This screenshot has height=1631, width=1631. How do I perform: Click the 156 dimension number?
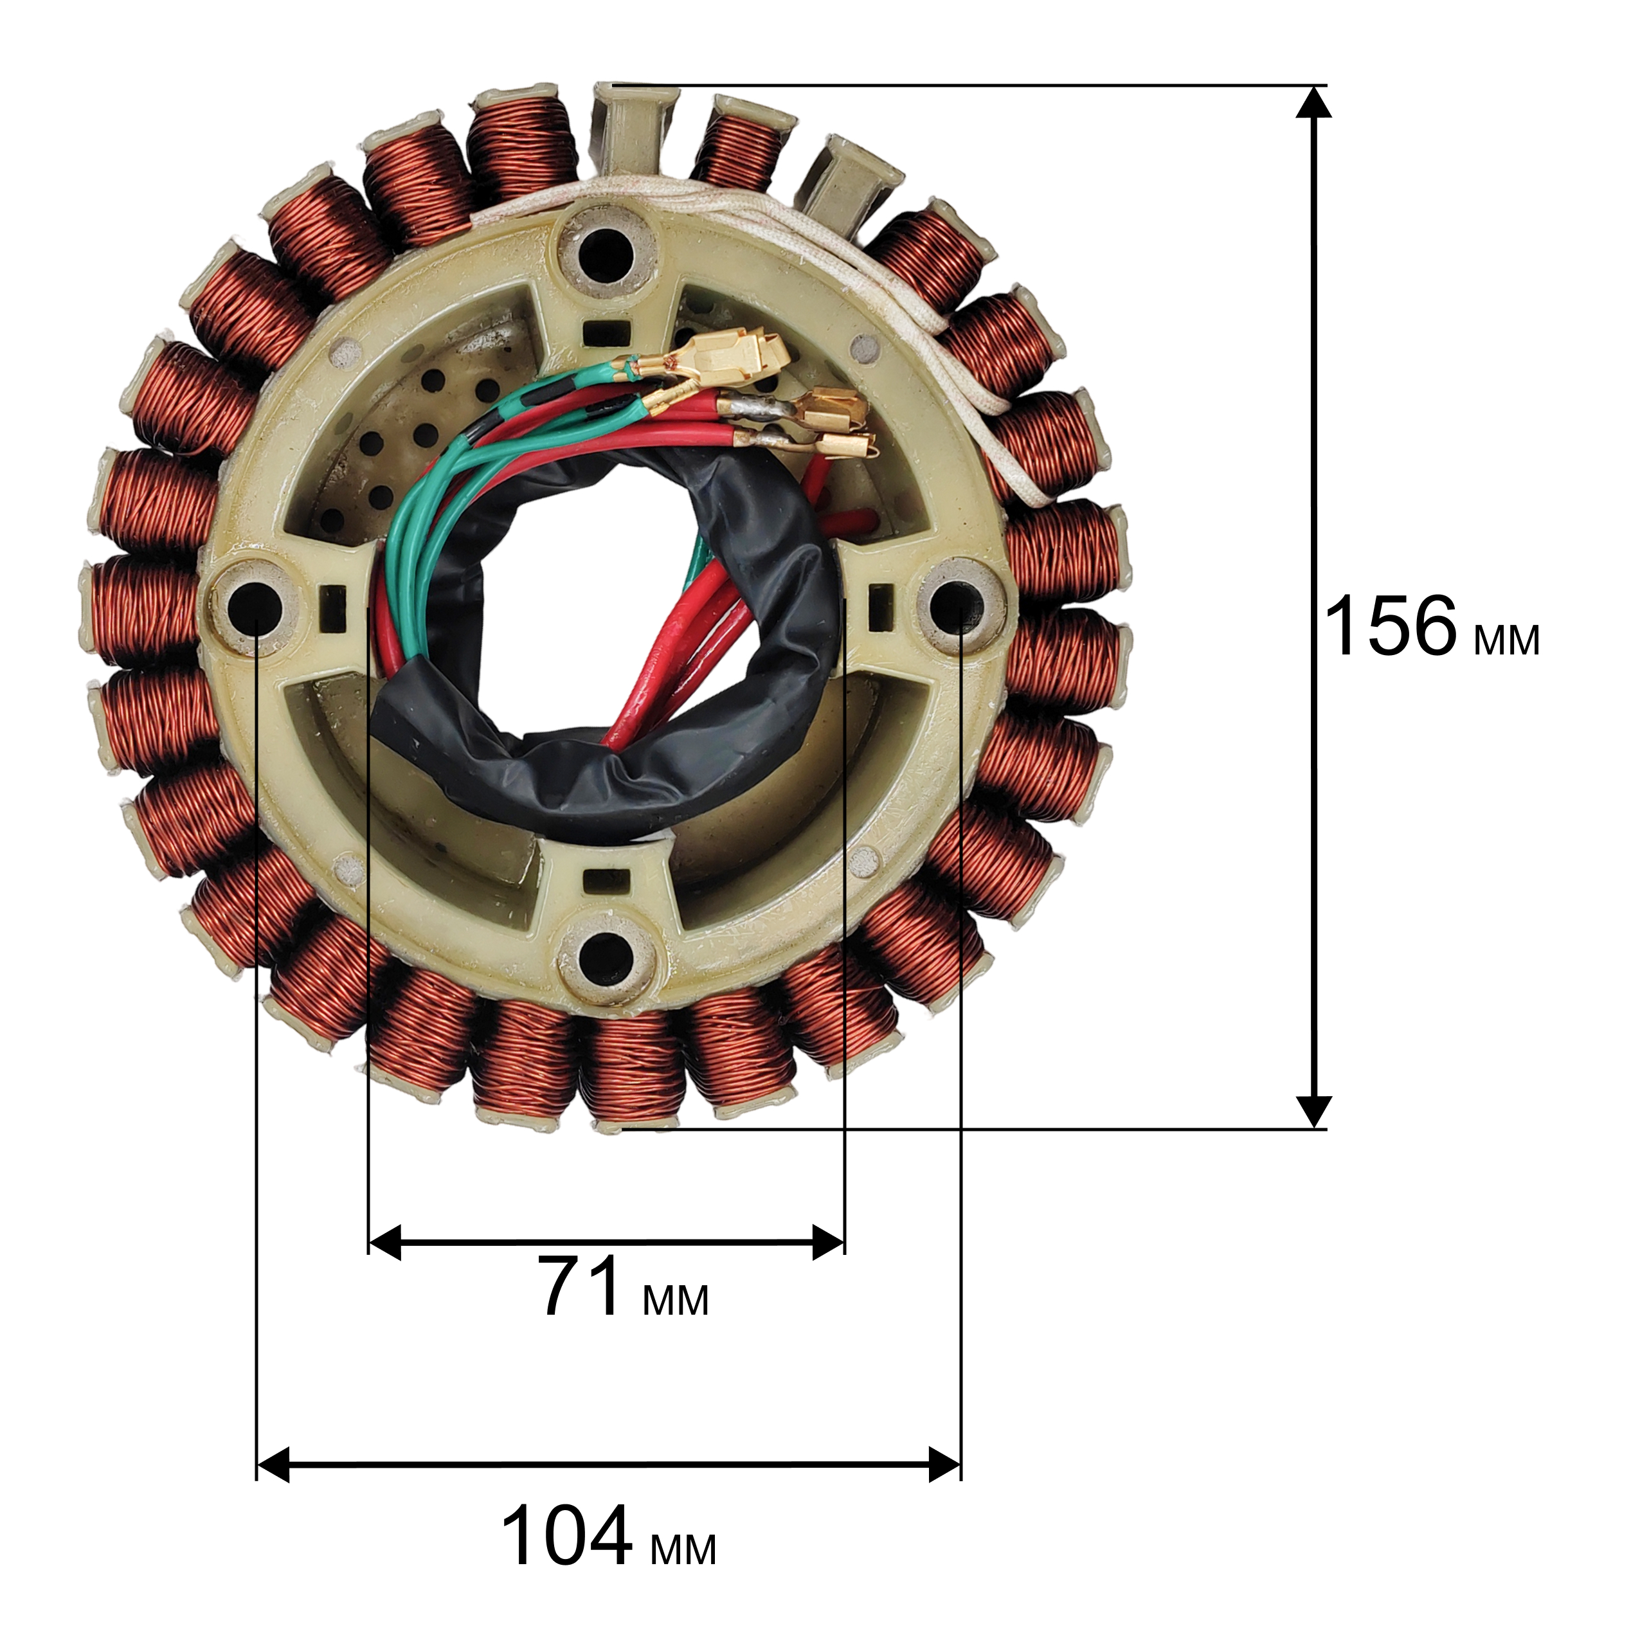[1391, 626]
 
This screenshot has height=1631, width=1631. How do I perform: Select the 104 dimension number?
[566, 1535]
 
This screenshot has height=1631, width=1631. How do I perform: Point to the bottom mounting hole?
[608, 960]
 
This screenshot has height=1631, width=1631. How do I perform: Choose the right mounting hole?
[960, 606]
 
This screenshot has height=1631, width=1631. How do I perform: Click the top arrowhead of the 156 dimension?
[1313, 102]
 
